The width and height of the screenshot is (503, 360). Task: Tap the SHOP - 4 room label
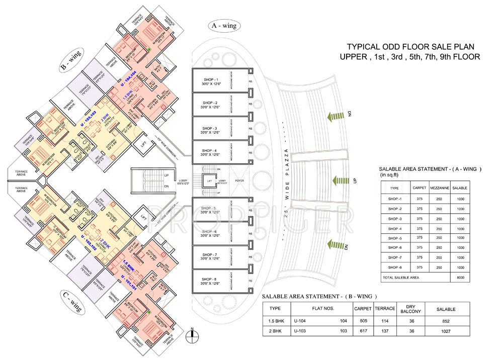coord(211,151)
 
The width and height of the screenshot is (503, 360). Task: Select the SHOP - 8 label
coord(211,280)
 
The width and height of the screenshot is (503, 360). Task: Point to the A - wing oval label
coord(224,25)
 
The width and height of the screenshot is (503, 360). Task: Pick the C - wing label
coord(70,303)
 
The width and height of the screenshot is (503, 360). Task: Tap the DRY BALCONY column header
coord(406,308)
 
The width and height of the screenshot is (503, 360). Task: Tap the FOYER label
coord(239,181)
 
